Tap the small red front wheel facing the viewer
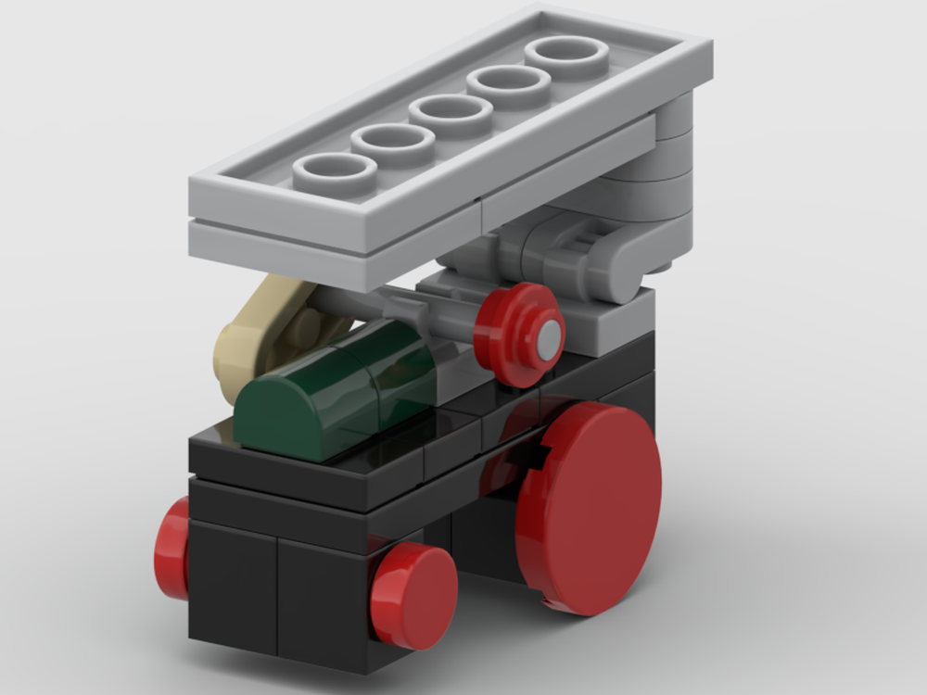click(414, 595)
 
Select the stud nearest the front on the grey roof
click(335, 174)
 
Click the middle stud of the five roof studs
click(451, 114)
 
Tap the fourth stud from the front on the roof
click(509, 84)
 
